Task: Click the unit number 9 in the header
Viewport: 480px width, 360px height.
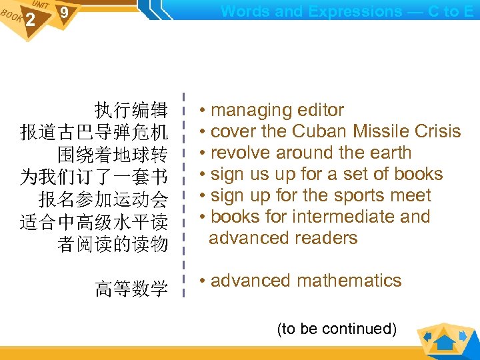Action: (x=64, y=13)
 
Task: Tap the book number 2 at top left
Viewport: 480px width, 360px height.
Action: (x=30, y=21)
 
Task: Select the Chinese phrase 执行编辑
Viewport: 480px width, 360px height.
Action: (x=131, y=110)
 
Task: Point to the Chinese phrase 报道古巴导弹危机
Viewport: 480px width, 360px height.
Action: (x=93, y=132)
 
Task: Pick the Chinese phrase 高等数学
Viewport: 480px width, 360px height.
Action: (x=131, y=289)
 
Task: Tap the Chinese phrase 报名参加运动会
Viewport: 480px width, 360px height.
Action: (x=103, y=199)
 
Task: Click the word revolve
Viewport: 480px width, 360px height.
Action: (x=241, y=153)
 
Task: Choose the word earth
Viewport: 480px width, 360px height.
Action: (x=387, y=153)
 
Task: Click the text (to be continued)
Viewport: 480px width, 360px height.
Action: (x=337, y=329)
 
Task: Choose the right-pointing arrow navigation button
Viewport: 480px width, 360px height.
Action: (x=466, y=336)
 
